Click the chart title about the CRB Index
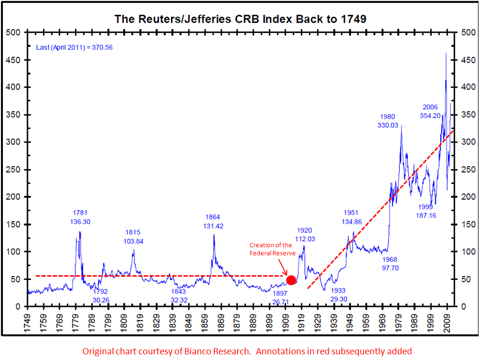click(240, 19)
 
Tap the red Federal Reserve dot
click(291, 280)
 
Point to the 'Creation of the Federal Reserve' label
click(272, 249)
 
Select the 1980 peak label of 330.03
click(387, 121)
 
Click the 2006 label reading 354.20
click(430, 111)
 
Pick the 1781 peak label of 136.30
click(80, 217)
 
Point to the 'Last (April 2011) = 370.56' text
click(74, 47)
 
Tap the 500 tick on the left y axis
click(16, 32)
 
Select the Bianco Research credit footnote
click(247, 351)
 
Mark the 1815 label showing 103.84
click(133, 237)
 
